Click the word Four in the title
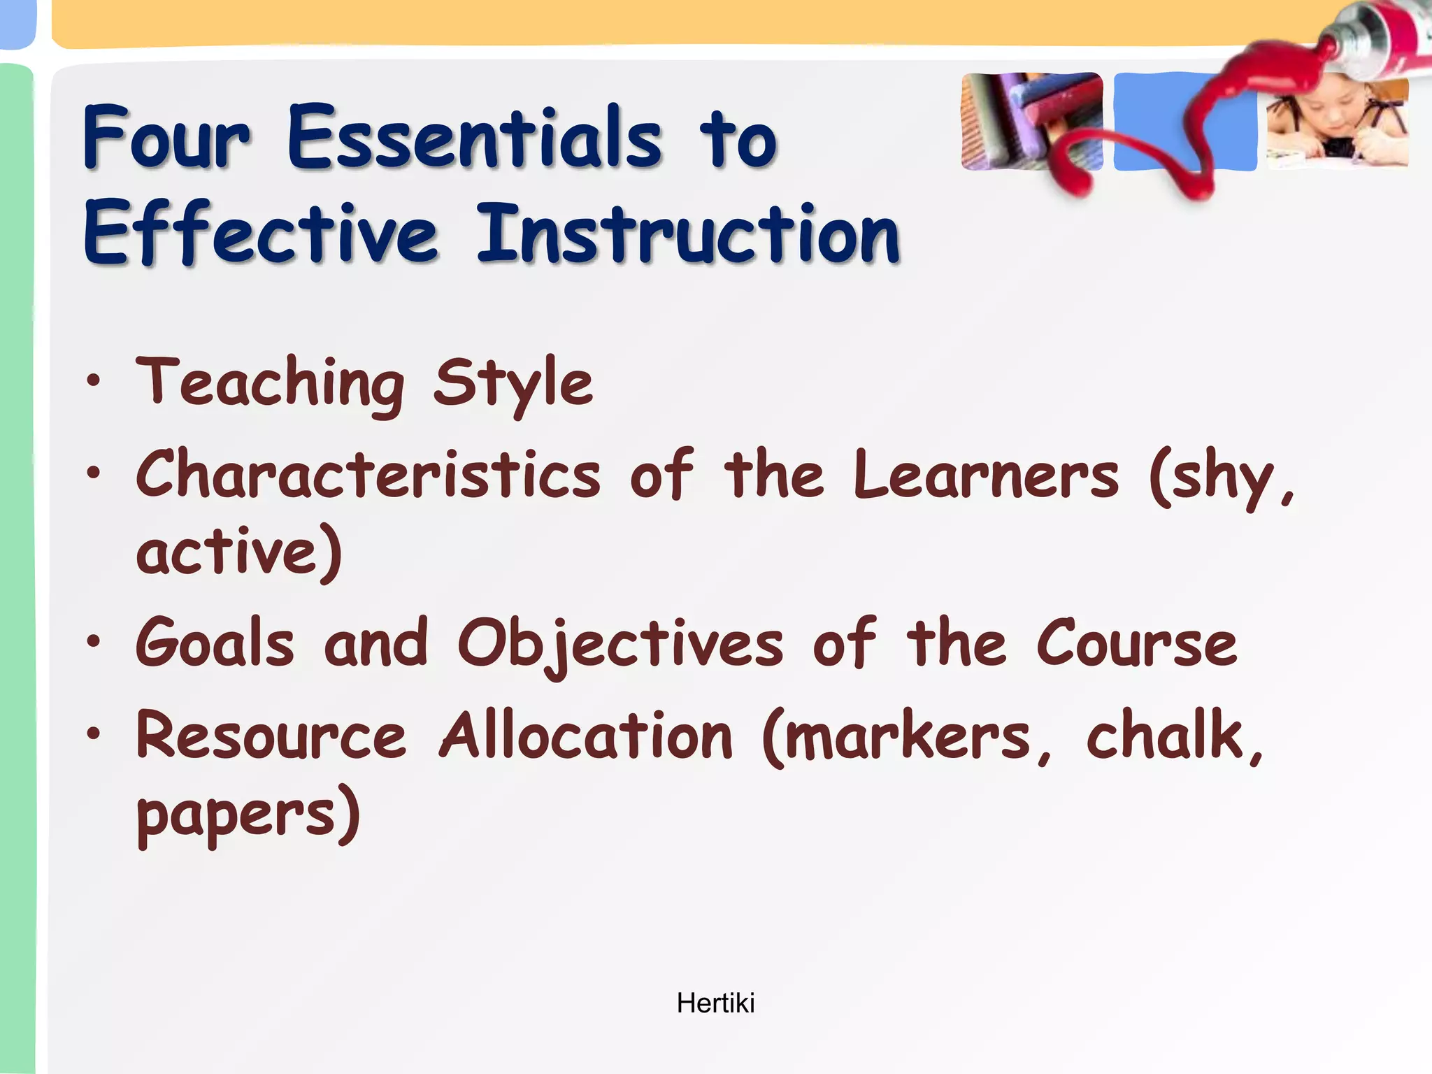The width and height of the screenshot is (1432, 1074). tap(166, 137)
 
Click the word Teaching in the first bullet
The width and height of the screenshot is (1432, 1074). tap(270, 383)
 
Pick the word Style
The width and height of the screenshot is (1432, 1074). tap(513, 383)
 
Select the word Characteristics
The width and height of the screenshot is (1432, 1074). tap(368, 475)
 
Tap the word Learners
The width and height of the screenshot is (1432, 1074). tap(986, 475)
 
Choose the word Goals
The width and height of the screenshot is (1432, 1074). tap(215, 643)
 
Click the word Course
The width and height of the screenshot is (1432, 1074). tap(1137, 643)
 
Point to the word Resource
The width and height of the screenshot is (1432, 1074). tap(271, 736)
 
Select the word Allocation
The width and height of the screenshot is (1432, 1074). tap(586, 736)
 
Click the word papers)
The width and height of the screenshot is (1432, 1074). tap(248, 815)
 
